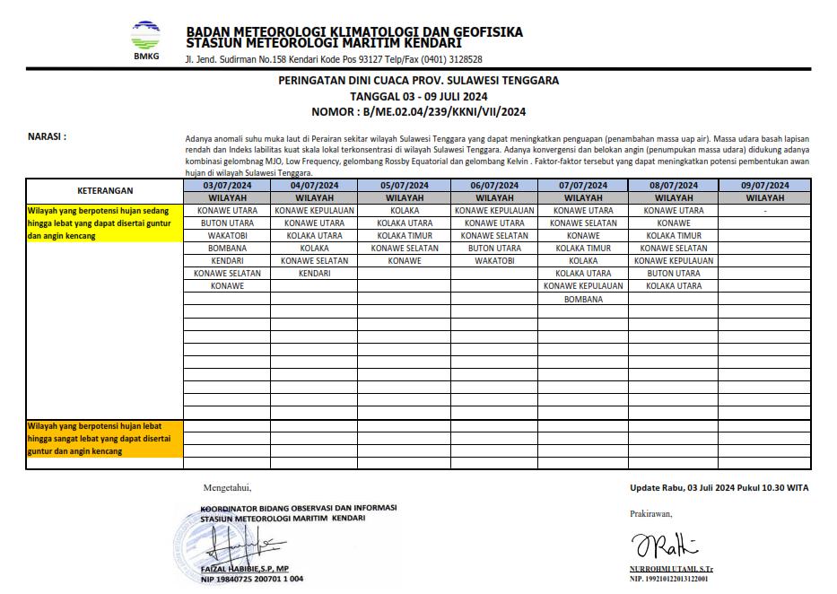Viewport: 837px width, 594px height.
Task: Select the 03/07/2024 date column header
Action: [227, 186]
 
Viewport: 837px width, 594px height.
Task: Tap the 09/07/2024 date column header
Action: [764, 186]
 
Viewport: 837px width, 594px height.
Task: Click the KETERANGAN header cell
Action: [105, 191]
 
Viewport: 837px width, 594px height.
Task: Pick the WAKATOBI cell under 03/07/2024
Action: [227, 236]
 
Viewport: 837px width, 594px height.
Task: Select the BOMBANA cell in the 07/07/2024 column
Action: [583, 299]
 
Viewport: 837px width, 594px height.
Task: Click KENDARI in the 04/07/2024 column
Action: [315, 274]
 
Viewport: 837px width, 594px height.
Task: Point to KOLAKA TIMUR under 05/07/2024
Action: [405, 236]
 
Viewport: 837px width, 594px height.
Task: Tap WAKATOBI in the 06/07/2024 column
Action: [494, 261]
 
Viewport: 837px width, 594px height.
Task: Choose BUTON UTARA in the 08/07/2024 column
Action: [674, 274]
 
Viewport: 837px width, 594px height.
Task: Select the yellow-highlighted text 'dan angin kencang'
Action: [62, 236]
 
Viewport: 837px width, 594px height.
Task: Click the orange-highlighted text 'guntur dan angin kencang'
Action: [74, 451]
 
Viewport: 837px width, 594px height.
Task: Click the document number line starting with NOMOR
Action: [418, 112]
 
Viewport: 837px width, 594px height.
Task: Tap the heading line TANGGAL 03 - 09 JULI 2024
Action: [418, 96]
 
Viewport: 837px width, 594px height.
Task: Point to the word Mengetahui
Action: [228, 488]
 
